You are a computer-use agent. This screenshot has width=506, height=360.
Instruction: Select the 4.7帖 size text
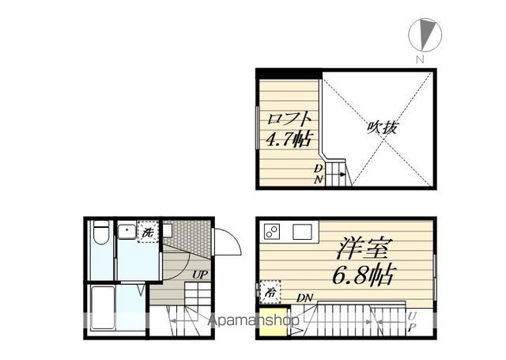point(288,141)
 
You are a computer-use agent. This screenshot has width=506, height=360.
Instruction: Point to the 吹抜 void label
point(381,127)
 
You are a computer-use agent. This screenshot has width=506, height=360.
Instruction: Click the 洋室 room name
point(363,250)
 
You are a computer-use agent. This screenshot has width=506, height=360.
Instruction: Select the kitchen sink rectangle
point(304,232)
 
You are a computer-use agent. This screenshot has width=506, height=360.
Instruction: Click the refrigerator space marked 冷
point(269,291)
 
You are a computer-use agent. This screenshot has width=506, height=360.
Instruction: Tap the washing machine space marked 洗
point(148,232)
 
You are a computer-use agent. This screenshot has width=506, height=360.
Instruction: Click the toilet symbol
point(100,236)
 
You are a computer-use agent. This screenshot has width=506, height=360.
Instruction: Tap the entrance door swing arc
point(228,241)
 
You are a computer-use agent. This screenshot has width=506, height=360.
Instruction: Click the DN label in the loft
point(318,173)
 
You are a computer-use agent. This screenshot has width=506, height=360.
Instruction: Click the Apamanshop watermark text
point(253,321)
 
